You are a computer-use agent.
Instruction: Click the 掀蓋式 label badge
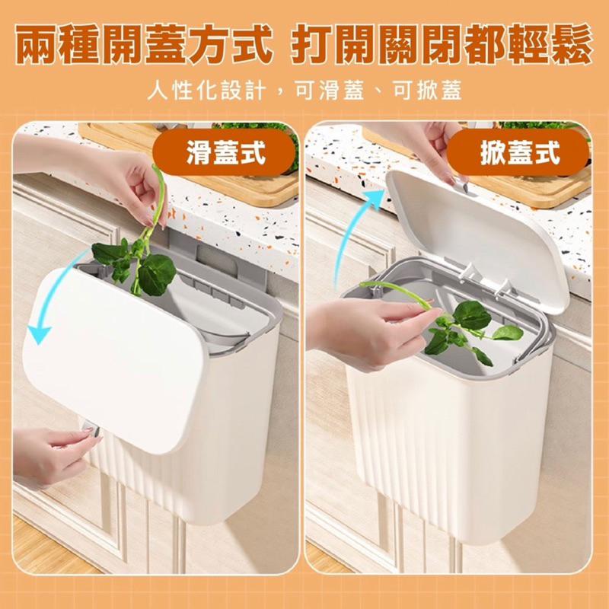518,152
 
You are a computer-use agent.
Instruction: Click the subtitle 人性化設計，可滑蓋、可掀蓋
304,91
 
